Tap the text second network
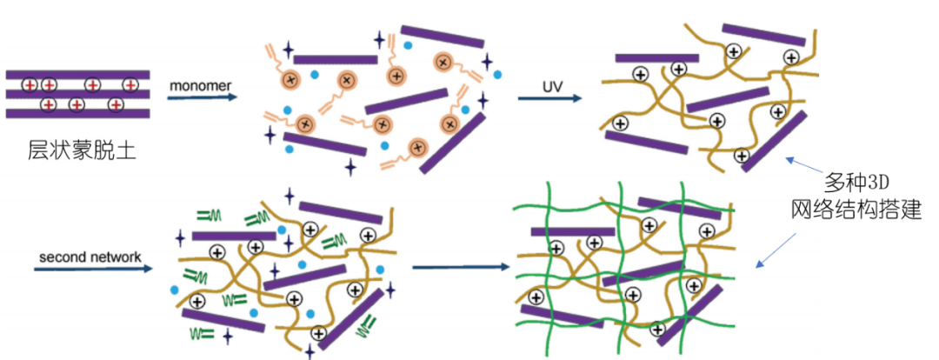point(90,257)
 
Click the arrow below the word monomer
point(202,97)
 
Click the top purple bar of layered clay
point(78,75)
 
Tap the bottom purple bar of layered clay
point(78,113)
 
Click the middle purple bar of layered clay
point(78,94)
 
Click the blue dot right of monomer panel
point(497,76)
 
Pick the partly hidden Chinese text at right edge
point(805,209)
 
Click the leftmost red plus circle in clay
point(29,84)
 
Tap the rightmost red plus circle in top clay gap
point(130,84)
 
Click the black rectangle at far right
point(879,180)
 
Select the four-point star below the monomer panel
point(350,166)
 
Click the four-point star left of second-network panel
point(180,236)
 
